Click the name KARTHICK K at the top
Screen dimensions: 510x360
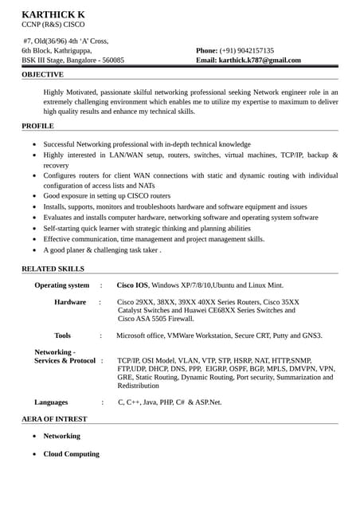point(53,14)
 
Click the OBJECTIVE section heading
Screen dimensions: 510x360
point(42,74)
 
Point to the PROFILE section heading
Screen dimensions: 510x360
point(37,126)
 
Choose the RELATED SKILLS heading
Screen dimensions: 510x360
point(53,269)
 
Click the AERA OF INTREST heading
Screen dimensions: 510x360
point(54,418)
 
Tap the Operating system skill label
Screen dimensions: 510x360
point(61,284)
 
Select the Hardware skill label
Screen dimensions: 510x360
point(70,302)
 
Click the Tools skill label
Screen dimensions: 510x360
point(62,335)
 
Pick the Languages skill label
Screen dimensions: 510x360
point(51,402)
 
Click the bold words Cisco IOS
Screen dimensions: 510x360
point(132,284)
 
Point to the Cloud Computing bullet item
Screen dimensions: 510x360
point(71,453)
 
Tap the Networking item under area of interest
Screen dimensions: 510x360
point(61,436)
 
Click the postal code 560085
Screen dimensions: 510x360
point(108,60)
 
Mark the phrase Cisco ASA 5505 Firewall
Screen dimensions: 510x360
point(155,318)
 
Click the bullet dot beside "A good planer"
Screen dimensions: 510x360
point(33,250)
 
